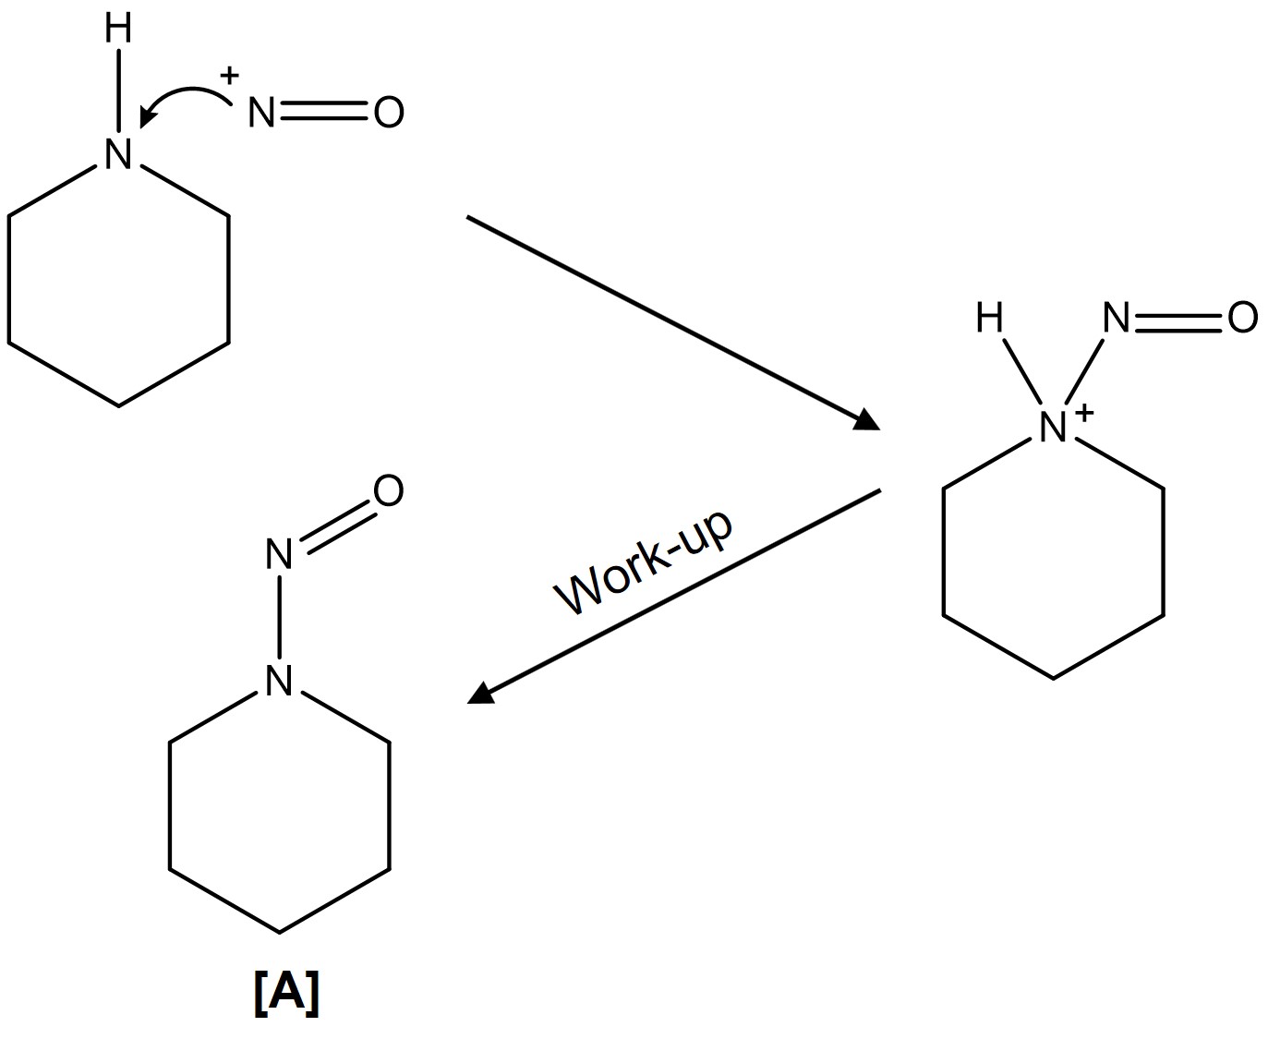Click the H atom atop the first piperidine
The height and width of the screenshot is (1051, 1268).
(x=118, y=30)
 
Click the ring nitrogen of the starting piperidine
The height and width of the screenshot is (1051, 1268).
(x=118, y=153)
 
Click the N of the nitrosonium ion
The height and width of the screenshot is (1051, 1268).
(x=261, y=114)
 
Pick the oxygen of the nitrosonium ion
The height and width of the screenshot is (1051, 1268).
(x=389, y=114)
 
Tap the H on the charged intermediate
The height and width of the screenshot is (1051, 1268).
(x=989, y=319)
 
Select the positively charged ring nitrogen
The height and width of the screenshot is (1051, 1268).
(x=1052, y=427)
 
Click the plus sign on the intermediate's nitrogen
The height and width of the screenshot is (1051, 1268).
(x=1084, y=412)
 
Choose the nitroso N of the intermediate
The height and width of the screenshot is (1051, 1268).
(x=1117, y=319)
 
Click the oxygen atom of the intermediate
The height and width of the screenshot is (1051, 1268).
(x=1242, y=319)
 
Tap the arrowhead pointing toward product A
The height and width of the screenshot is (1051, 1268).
(x=481, y=693)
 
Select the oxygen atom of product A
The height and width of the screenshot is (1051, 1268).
(x=389, y=491)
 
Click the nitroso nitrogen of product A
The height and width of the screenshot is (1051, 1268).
(x=279, y=555)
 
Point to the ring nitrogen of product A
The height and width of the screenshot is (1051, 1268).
(x=279, y=682)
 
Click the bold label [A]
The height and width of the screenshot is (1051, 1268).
(x=285, y=994)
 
